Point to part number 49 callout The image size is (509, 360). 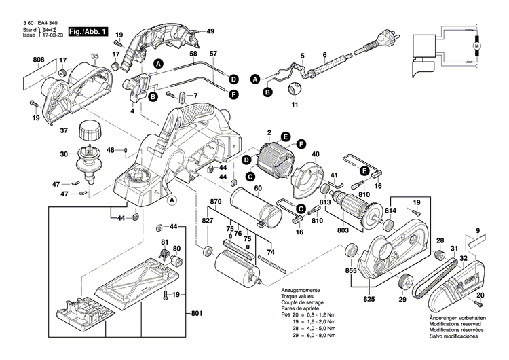tap(210, 31)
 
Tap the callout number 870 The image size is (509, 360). tap(216, 202)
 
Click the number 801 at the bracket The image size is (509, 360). tap(197, 313)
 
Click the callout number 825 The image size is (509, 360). tap(369, 299)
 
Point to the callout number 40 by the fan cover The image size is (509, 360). tap(314, 154)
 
